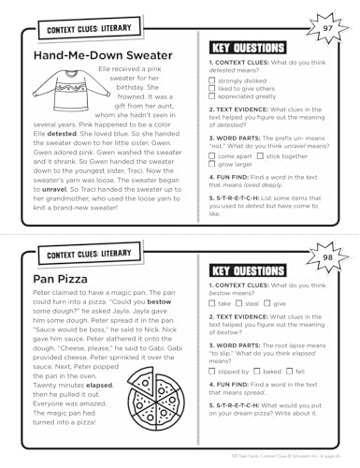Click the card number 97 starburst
[x=326, y=30]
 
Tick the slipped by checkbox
[x=211, y=371]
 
